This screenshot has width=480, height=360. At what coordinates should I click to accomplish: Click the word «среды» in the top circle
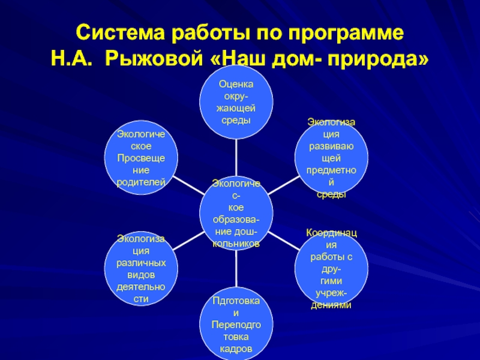[236, 121]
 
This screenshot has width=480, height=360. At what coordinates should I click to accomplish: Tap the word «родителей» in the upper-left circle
[140, 181]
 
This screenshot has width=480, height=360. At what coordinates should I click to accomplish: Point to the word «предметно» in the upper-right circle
[331, 170]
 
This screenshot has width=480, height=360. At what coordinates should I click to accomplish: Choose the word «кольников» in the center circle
[236, 244]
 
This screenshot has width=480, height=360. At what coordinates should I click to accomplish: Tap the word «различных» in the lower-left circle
[140, 263]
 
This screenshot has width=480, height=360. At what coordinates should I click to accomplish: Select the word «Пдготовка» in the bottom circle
[236, 301]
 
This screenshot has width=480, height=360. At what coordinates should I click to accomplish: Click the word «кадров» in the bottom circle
[236, 349]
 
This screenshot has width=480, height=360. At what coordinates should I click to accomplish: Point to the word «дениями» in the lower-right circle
[331, 305]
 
